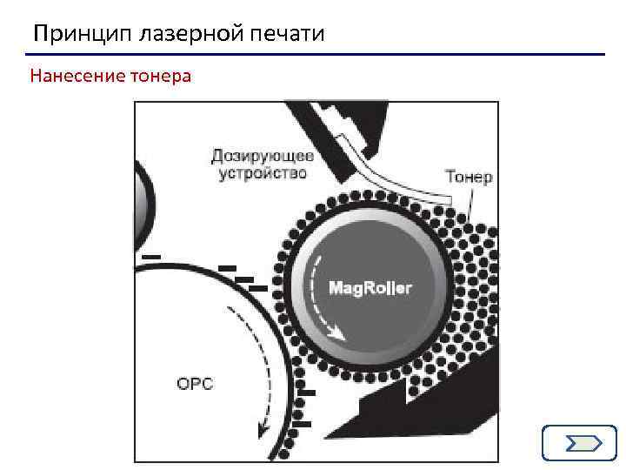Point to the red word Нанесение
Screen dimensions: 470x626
tap(77, 76)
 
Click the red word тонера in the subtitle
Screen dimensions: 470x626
tap(160, 76)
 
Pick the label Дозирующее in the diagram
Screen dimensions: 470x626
tap(263, 157)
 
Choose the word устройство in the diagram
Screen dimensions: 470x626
tap(263, 173)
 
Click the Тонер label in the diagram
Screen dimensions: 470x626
tap(469, 177)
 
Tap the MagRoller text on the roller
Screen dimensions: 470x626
tap(370, 288)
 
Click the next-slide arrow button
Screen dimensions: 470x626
tap(578, 443)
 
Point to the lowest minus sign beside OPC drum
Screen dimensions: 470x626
tap(300, 424)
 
